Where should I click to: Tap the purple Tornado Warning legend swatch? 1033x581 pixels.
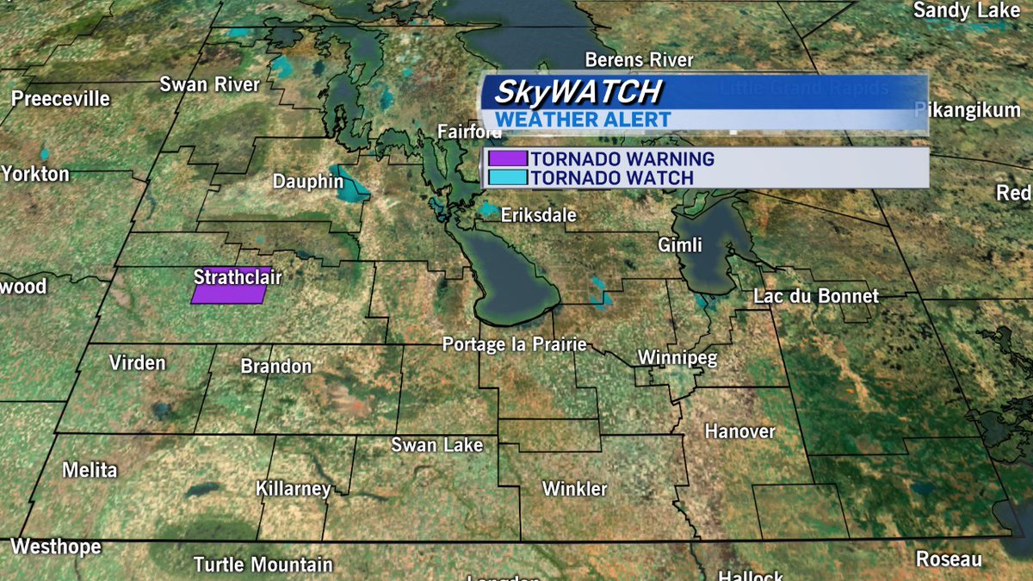point(506,159)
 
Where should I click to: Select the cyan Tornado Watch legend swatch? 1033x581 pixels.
point(506,177)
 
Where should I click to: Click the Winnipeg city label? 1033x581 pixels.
point(677,358)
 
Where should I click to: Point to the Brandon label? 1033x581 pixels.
point(275,367)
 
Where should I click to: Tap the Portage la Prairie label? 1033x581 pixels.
point(514,344)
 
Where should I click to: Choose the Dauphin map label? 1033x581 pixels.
point(308,182)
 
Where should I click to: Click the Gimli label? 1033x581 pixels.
point(680,245)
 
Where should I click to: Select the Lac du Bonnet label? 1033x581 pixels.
point(816,296)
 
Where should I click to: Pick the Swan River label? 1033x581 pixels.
point(209,84)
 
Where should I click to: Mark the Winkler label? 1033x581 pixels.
point(574,489)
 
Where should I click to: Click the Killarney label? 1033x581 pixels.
point(293,489)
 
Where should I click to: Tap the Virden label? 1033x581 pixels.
point(137,362)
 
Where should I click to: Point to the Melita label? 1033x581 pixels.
point(90,470)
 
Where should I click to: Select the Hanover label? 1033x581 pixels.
point(739,430)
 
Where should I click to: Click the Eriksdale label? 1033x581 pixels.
point(539,215)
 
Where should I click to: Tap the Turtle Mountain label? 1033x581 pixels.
point(263,566)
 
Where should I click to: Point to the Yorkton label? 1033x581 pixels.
point(34,174)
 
